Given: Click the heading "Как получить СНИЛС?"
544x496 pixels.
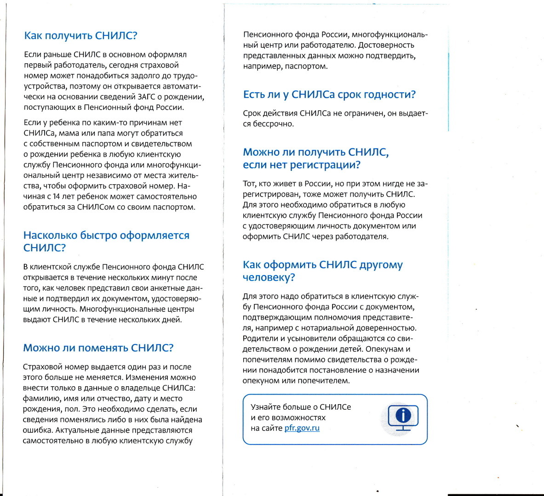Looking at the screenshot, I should click(80, 36).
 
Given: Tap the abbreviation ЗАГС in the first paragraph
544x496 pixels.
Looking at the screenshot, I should click(147, 97).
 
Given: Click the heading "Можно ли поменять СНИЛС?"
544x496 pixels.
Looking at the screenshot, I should click(98, 348).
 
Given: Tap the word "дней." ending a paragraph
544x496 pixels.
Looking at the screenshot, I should click(173, 320).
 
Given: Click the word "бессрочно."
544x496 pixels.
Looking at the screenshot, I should click(275, 124).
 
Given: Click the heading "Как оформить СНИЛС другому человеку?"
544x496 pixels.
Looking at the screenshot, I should click(322, 271).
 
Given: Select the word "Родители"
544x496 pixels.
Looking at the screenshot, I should click(260, 338).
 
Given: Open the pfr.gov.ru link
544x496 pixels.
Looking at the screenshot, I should click(302, 428).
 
